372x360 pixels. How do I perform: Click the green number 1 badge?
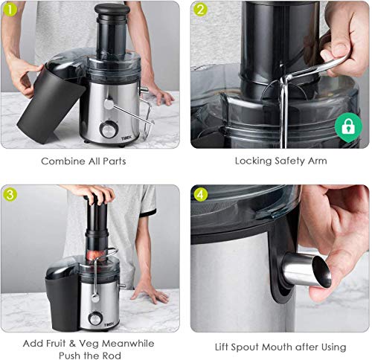10,10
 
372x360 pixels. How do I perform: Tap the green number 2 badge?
200,10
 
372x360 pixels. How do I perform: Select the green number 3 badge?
10,195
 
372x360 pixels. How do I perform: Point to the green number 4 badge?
200,195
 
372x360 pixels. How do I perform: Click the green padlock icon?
348,127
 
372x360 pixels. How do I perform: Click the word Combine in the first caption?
62,161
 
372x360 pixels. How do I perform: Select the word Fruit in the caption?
54,344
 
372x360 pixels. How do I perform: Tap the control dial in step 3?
95,319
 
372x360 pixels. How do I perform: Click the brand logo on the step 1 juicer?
126,138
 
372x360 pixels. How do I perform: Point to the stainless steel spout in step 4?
307,271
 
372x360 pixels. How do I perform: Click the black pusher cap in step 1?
112,10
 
